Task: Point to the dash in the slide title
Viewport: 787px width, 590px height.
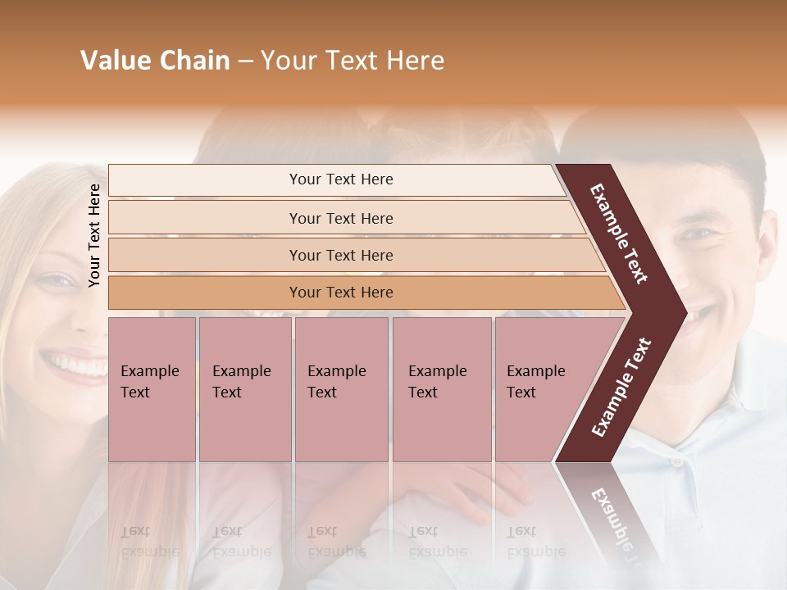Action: (x=245, y=61)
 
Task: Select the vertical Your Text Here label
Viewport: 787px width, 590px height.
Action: (x=94, y=236)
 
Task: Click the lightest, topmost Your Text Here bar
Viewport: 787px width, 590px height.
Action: (x=340, y=179)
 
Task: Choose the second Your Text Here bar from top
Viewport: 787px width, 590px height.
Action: (x=340, y=218)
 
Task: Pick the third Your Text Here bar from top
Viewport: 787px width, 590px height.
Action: (x=340, y=255)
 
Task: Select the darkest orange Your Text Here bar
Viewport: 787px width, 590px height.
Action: (x=340, y=293)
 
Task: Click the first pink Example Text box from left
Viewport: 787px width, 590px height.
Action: (x=152, y=389)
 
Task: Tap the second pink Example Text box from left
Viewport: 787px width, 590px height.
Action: (x=244, y=389)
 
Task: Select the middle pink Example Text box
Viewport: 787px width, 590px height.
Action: (x=341, y=389)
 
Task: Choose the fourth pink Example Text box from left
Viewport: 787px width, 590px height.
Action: (x=441, y=389)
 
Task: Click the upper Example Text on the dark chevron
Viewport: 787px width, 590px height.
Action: (x=620, y=233)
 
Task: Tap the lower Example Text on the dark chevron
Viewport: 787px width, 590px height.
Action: (x=621, y=387)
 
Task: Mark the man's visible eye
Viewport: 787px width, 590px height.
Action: (x=698, y=234)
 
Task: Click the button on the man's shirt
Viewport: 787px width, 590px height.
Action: (x=677, y=461)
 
